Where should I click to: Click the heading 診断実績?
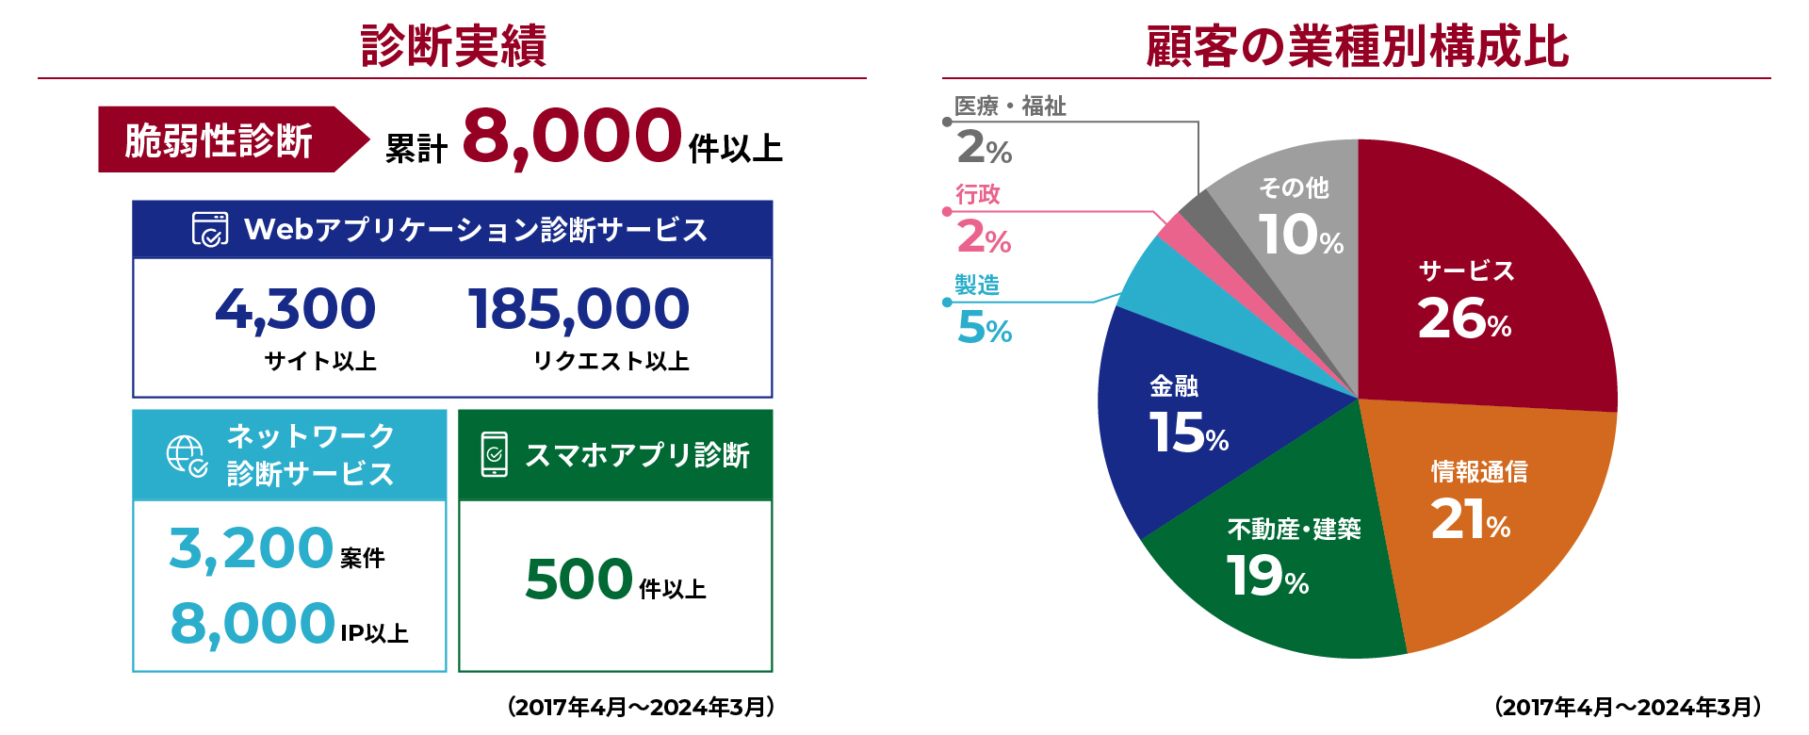pyautogui.click(x=453, y=45)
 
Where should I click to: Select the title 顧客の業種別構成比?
pyautogui.click(x=1357, y=45)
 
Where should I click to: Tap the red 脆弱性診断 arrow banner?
pyautogui.click(x=226, y=139)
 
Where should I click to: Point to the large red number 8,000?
pyautogui.click(x=571, y=138)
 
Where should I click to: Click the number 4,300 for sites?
pyautogui.click(x=295, y=309)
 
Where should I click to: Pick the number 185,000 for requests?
pyautogui.click(x=579, y=309)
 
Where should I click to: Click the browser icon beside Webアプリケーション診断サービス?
pyautogui.click(x=209, y=229)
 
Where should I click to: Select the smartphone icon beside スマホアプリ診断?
pyautogui.click(x=494, y=454)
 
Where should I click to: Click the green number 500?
pyautogui.click(x=579, y=579)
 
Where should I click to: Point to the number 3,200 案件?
pyautogui.click(x=251, y=548)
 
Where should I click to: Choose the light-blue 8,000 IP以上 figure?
pyautogui.click(x=253, y=624)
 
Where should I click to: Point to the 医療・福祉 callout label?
pyautogui.click(x=1010, y=106)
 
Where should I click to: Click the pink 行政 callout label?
pyautogui.click(x=978, y=195)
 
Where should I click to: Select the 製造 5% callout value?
pyautogui.click(x=985, y=328)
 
